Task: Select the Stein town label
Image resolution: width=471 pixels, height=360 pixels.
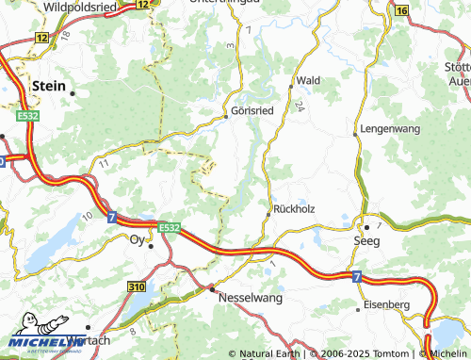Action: tap(49, 85)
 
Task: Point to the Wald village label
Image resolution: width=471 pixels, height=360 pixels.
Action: tap(308, 81)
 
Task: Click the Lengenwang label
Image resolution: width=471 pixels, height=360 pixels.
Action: tap(389, 127)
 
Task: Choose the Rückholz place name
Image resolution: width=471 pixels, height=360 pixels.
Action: tap(293, 208)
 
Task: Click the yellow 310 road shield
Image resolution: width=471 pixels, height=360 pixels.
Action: tap(137, 286)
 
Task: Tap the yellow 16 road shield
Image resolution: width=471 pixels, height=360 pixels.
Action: tap(401, 10)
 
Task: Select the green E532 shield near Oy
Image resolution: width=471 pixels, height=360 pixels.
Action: tap(169, 227)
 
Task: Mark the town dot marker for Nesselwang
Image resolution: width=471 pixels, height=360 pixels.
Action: tap(212, 288)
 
